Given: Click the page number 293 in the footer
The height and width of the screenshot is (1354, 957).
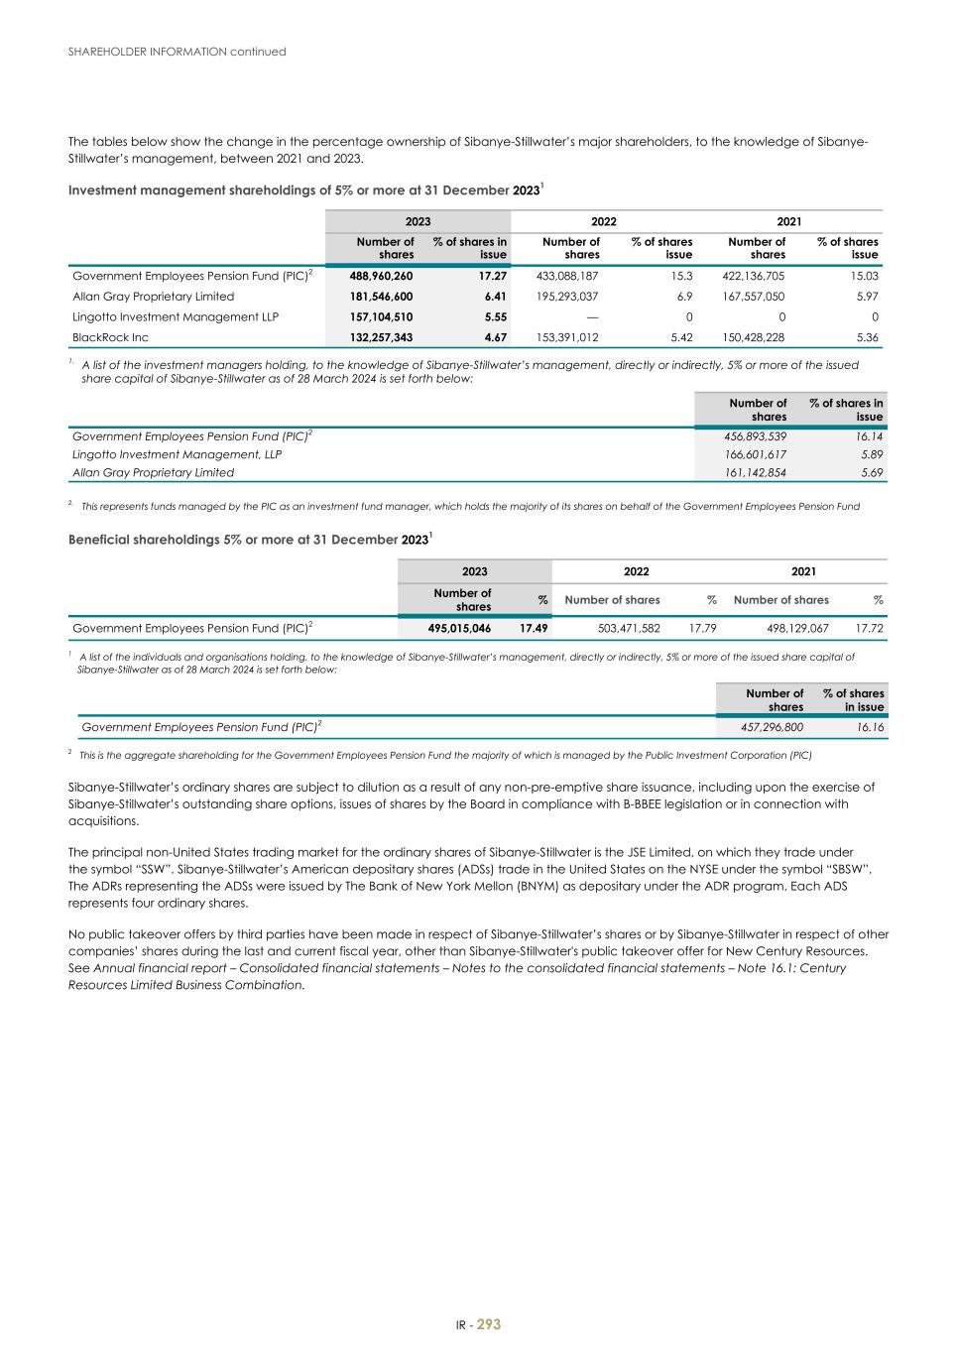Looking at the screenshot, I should click(x=489, y=1324).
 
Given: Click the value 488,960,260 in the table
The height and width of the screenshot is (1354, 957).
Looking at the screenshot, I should click(x=381, y=276).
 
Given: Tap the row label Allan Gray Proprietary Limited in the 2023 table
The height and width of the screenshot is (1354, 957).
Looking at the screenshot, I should click(x=154, y=297).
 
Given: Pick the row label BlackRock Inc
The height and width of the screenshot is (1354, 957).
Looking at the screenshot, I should click(x=110, y=338).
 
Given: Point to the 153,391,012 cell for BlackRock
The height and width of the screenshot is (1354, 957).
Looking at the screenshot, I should click(x=566, y=338).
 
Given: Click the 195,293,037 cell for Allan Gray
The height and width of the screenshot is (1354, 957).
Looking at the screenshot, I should click(x=566, y=297).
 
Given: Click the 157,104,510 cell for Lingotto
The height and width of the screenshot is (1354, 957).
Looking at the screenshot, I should click(x=381, y=317).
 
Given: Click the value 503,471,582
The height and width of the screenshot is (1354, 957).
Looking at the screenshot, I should click(x=629, y=628).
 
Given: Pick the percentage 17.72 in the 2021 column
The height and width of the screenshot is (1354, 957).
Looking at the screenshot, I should click(x=869, y=628).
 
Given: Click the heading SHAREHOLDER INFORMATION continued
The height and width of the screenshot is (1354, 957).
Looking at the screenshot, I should click(x=177, y=52).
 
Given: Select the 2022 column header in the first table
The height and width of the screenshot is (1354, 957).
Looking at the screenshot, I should click(x=604, y=221).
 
